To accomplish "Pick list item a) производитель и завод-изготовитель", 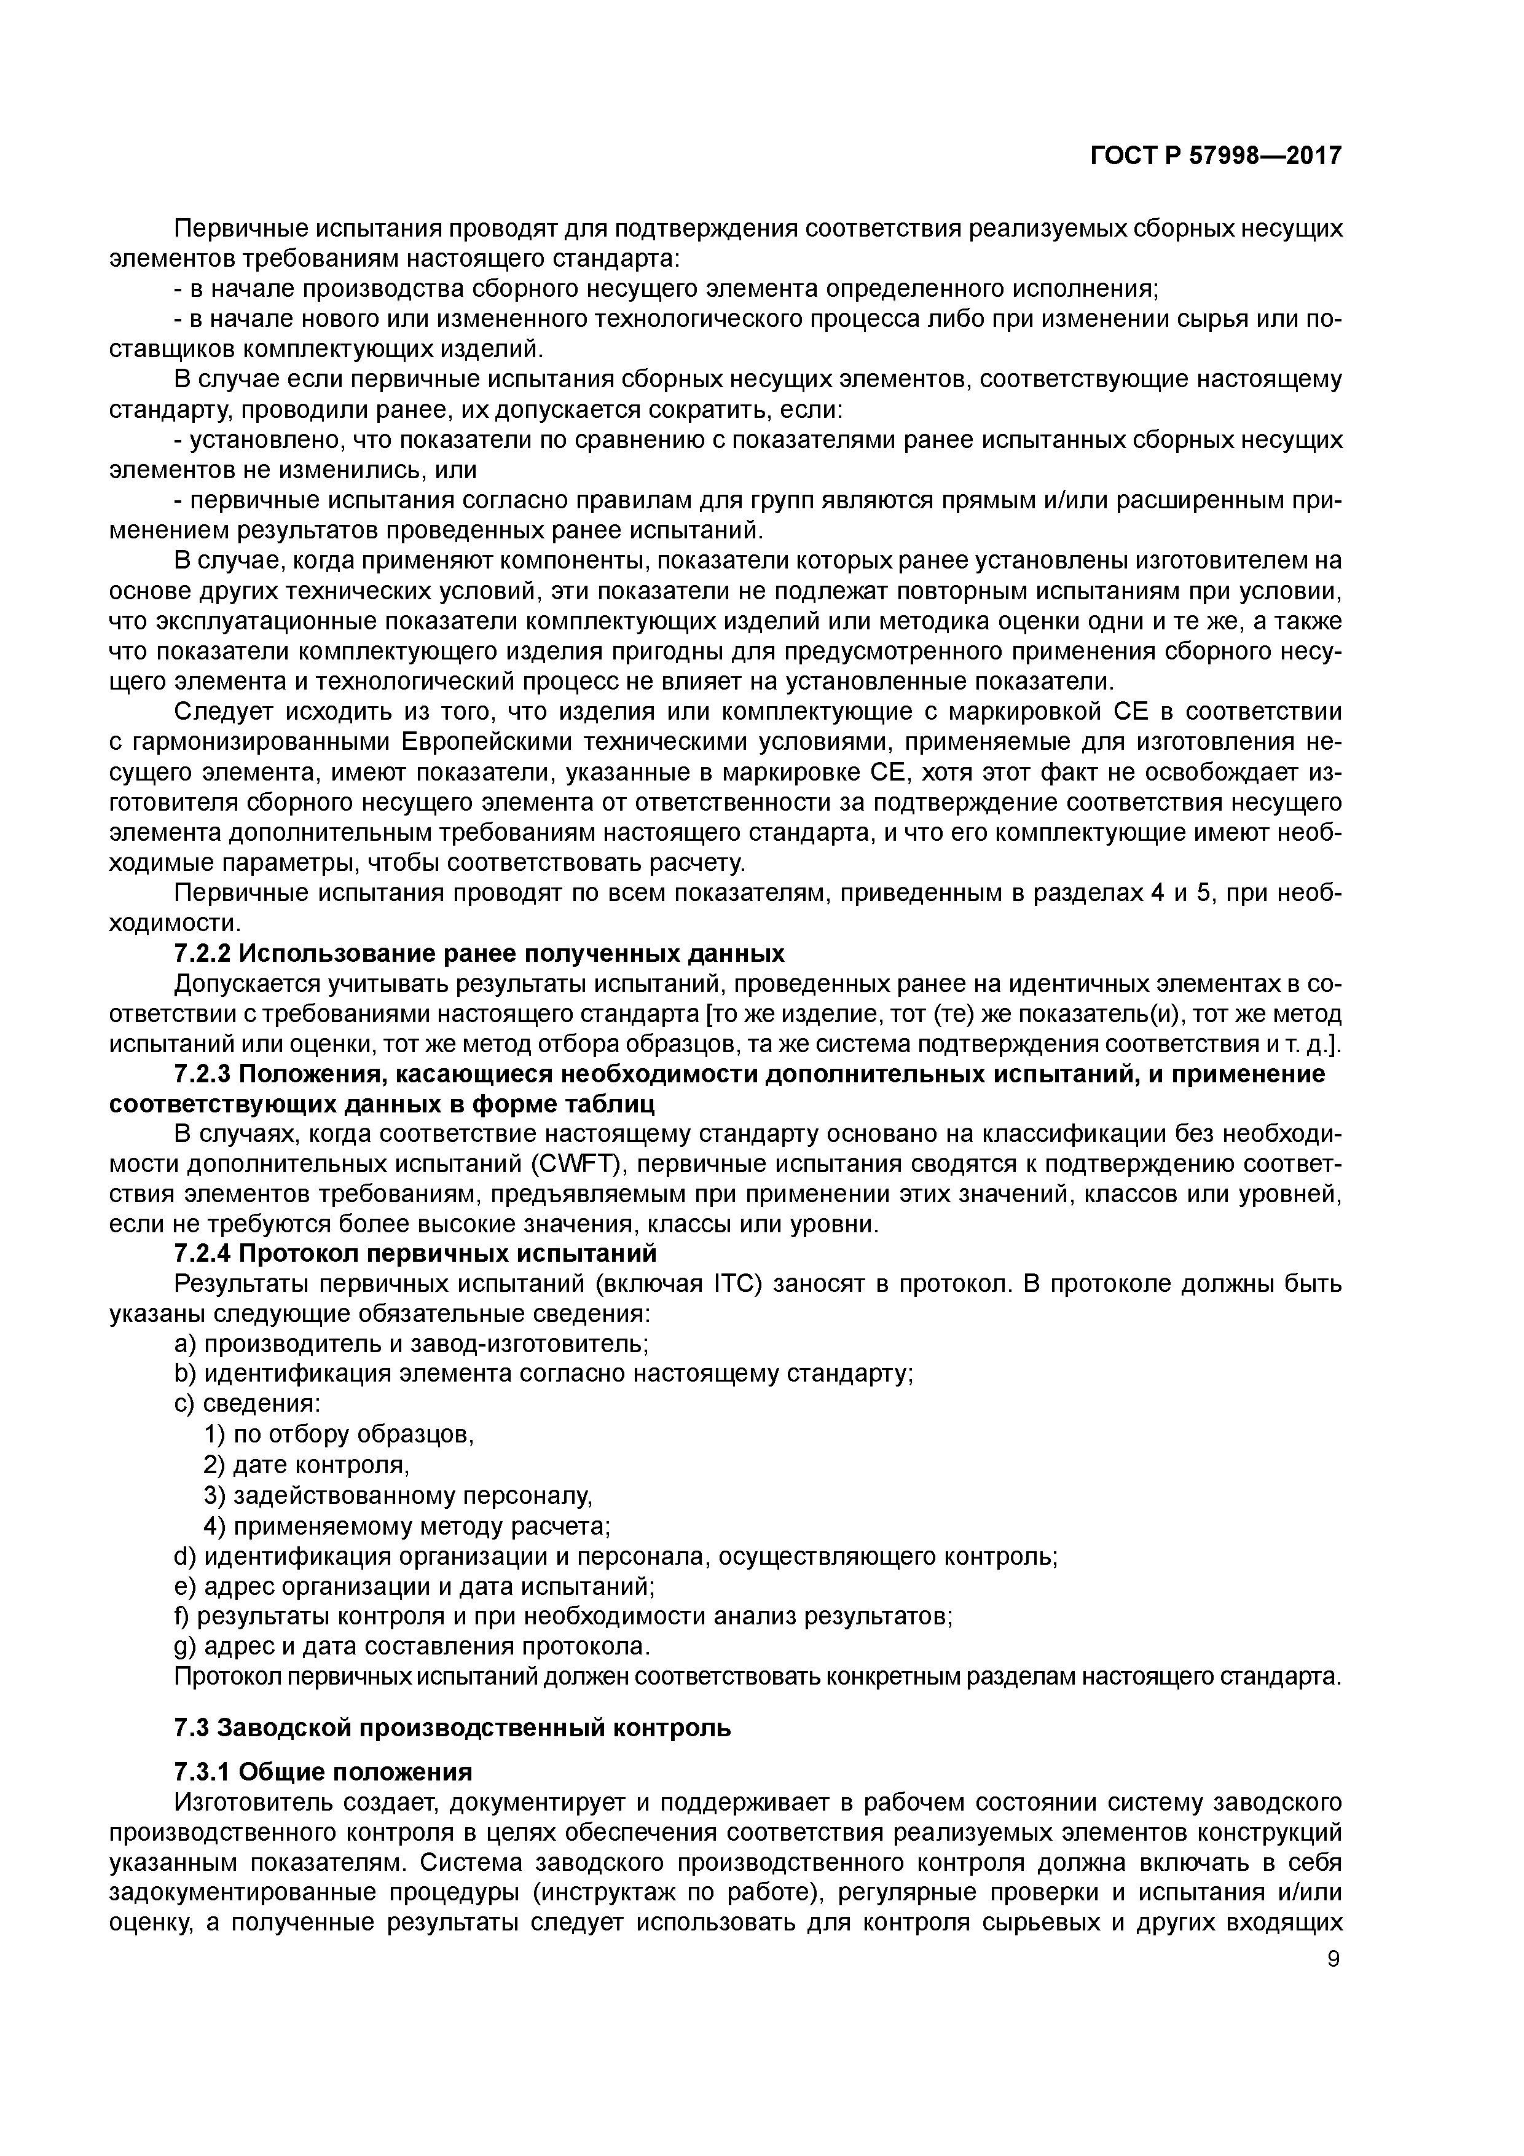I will (x=411, y=1344).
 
